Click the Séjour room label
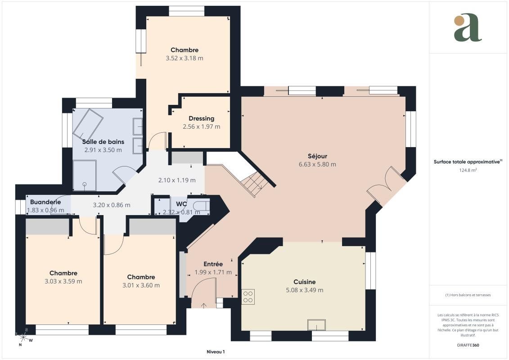point(317,156)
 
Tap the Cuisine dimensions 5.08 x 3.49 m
point(305,290)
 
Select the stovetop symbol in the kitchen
point(248,297)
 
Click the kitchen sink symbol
point(316,324)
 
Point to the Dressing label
point(201,118)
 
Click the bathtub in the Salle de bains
point(88,124)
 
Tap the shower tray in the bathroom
point(85,175)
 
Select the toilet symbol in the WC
point(201,206)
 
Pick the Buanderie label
point(45,202)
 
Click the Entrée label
point(213,264)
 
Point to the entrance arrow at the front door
point(204,306)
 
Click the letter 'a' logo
point(468,27)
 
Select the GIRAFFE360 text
point(468,345)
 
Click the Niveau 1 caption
point(216,352)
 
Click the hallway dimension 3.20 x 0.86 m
point(111,205)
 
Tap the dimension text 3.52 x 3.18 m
point(185,58)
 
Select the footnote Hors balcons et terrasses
point(468,295)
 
